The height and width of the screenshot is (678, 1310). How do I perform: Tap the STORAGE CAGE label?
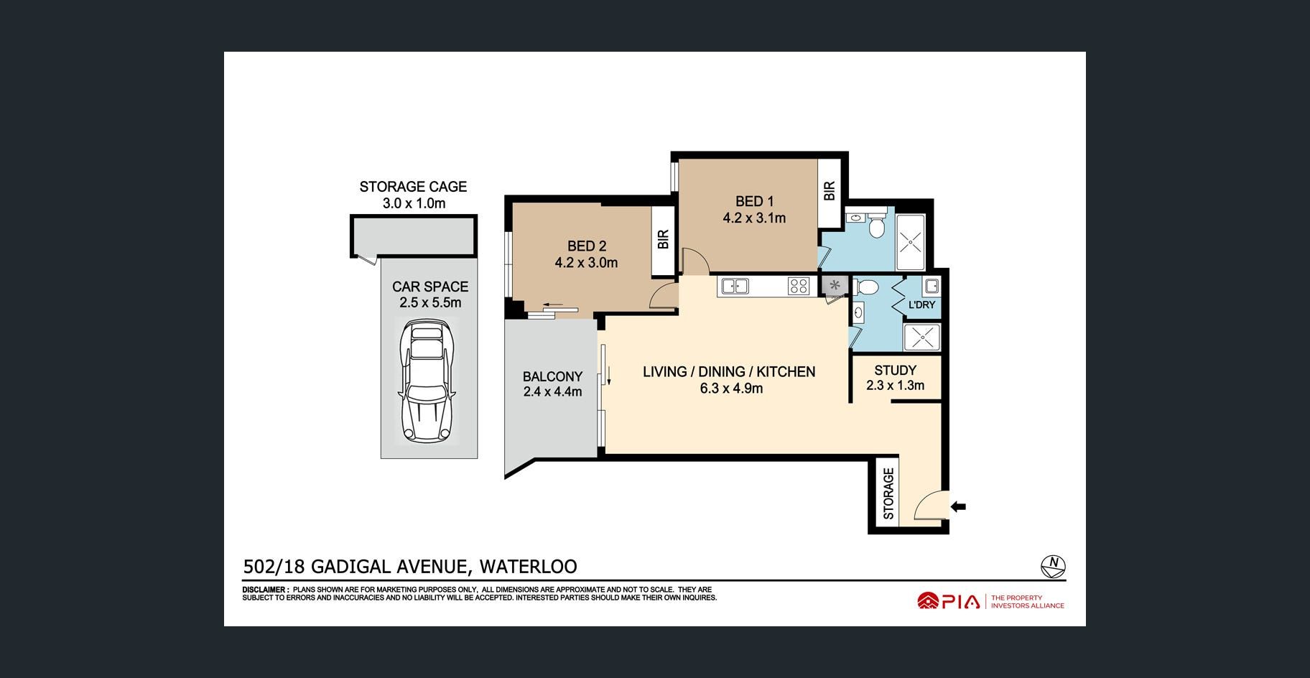[x=413, y=187]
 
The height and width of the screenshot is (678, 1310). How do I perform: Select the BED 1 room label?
[x=754, y=202]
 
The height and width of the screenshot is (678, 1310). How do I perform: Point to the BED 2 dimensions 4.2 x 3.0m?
[x=586, y=263]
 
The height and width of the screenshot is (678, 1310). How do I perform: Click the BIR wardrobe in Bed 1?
[x=830, y=190]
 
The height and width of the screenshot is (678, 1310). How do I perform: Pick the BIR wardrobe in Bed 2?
[x=663, y=240]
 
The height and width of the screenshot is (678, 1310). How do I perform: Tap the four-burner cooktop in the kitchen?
[x=799, y=286]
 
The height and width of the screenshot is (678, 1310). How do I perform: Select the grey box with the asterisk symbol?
[x=835, y=285]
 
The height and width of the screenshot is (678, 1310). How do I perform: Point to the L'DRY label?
[x=921, y=305]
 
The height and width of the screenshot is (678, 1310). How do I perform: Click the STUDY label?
[x=895, y=371]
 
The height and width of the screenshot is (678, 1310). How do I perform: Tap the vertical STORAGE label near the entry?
[x=888, y=493]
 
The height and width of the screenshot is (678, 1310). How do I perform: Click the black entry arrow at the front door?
[x=958, y=507]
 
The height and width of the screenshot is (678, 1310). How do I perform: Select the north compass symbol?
[x=1053, y=566]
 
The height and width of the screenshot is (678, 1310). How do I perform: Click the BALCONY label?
[x=552, y=376]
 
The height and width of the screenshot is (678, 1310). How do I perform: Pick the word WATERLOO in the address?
[x=528, y=567]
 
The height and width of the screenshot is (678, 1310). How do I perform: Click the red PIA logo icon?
[x=928, y=600]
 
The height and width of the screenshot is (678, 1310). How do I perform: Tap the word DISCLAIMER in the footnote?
[x=264, y=590]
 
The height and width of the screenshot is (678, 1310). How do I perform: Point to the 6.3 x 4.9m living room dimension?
[x=731, y=389]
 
